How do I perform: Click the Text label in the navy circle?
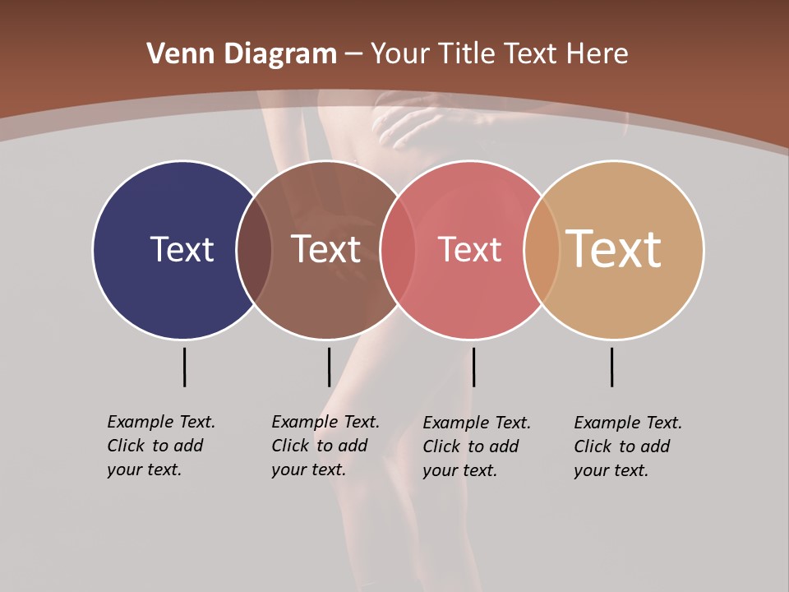coord(182,249)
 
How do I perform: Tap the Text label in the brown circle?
coord(326,249)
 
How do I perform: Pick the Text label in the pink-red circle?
coord(469,250)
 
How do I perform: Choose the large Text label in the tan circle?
coord(614,248)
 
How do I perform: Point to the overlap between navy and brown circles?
coord(254,250)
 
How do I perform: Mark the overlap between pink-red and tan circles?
coord(541,250)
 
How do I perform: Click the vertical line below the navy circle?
coord(184,367)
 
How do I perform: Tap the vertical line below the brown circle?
coord(329,367)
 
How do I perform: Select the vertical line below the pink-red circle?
coord(473,367)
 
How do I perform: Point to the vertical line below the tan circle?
coord(611,367)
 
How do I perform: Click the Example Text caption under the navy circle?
coord(160,446)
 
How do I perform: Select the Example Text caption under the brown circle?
coord(325,446)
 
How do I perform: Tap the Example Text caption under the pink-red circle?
coord(476,446)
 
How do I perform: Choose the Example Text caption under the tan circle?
coord(627,446)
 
